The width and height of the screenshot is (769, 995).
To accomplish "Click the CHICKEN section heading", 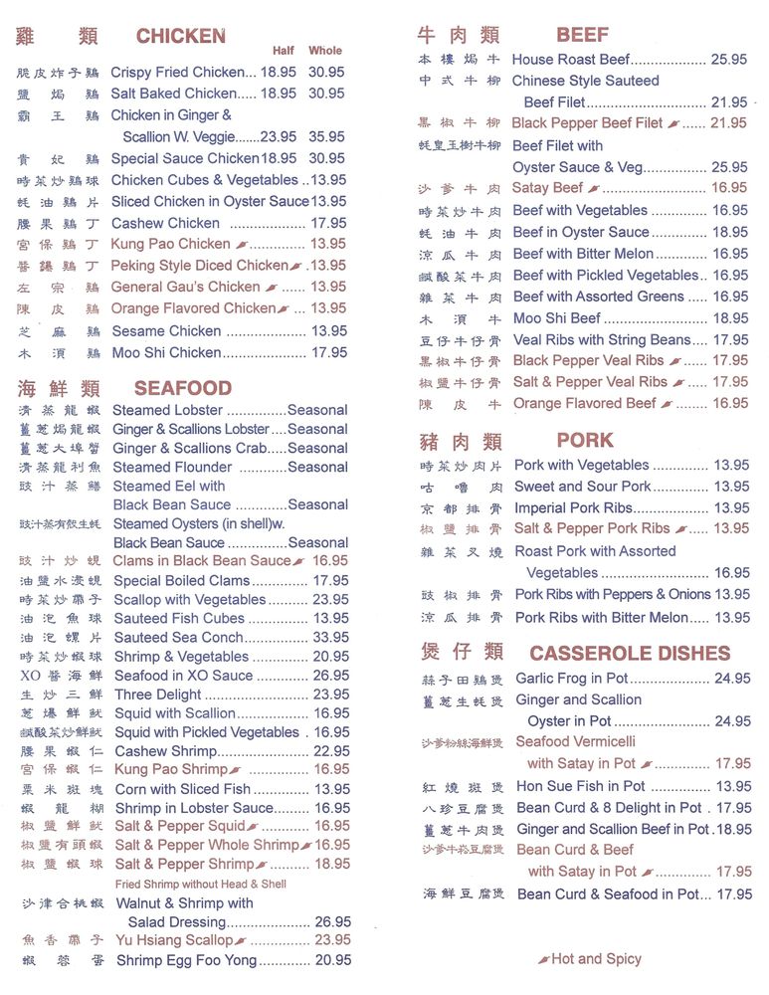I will coord(180,37).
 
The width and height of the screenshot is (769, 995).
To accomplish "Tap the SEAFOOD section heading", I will coord(182,388).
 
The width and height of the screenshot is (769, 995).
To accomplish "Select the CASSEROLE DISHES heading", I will coord(630,654).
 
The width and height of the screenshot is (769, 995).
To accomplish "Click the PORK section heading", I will coord(585,440).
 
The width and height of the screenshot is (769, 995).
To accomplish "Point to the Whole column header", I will coord(325,51).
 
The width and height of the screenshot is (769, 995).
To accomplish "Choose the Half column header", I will coord(284,51).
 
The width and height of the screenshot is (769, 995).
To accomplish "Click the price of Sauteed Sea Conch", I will coord(330,638).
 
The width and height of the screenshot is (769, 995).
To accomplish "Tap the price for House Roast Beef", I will coord(729,60).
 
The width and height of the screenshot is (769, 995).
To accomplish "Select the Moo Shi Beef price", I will coord(730,318).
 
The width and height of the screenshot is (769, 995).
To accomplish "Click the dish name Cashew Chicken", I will coord(165,223).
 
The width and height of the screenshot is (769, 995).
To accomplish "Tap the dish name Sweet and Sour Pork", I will coord(582,487).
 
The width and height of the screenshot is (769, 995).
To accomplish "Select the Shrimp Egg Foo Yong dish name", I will coord(186,960).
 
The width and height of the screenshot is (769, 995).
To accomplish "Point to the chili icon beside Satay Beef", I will coord(594,188).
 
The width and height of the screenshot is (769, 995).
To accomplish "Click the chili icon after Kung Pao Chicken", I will coord(241,245).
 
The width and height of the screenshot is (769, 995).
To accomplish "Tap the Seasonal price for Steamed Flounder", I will coord(317,467).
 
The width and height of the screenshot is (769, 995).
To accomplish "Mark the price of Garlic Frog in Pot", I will coord(732,679).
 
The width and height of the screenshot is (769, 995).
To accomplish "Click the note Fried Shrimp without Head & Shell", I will coord(200,884).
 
